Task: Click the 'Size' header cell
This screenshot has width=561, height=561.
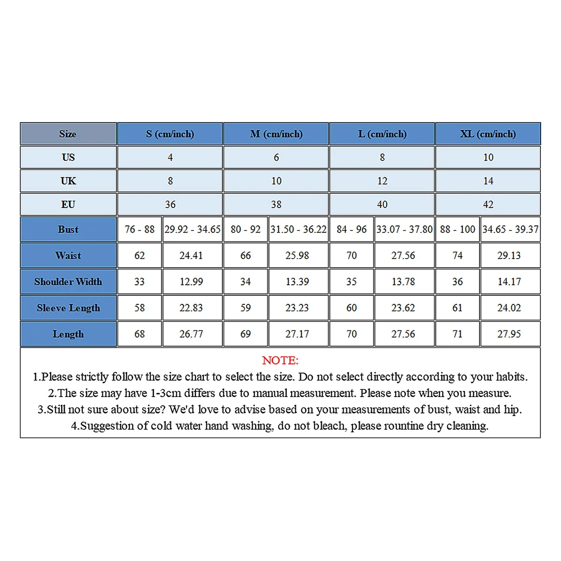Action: [68, 134]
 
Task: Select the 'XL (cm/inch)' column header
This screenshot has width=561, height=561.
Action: [488, 134]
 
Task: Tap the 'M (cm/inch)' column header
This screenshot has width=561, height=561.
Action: [276, 134]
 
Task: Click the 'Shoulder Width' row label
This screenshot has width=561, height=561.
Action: [68, 281]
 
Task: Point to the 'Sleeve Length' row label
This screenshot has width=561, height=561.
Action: [68, 308]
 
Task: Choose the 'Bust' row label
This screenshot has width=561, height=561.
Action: [68, 229]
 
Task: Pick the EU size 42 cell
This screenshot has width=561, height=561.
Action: [488, 204]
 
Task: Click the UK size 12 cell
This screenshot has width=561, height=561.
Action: [382, 181]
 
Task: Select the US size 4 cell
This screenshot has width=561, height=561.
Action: [170, 158]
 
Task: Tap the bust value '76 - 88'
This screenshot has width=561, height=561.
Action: [139, 229]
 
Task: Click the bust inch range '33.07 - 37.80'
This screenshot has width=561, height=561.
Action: [404, 229]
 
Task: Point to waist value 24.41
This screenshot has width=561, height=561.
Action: [191, 255]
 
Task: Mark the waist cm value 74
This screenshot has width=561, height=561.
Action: [457, 255]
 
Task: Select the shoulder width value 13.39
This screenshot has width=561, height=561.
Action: [297, 281]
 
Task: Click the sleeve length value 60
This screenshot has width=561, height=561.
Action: [351, 308]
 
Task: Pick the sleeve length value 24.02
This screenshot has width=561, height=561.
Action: [509, 308]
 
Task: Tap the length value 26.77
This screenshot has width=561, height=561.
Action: [191, 334]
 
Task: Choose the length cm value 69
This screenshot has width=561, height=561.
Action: [245, 334]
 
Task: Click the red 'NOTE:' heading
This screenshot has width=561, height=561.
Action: [280, 360]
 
